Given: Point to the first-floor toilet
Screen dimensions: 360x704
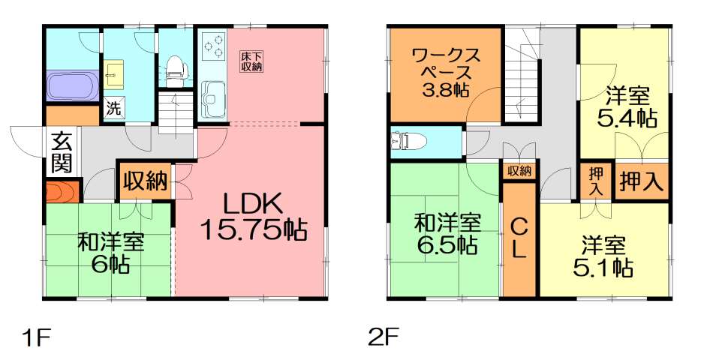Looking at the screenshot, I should point(175,67).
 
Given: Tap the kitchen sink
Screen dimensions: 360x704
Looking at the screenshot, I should point(214,97).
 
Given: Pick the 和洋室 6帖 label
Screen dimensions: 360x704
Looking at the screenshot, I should point(111,253).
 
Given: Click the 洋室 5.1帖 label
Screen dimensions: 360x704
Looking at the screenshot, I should point(606,256).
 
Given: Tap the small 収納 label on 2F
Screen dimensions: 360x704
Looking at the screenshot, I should point(519,171).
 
